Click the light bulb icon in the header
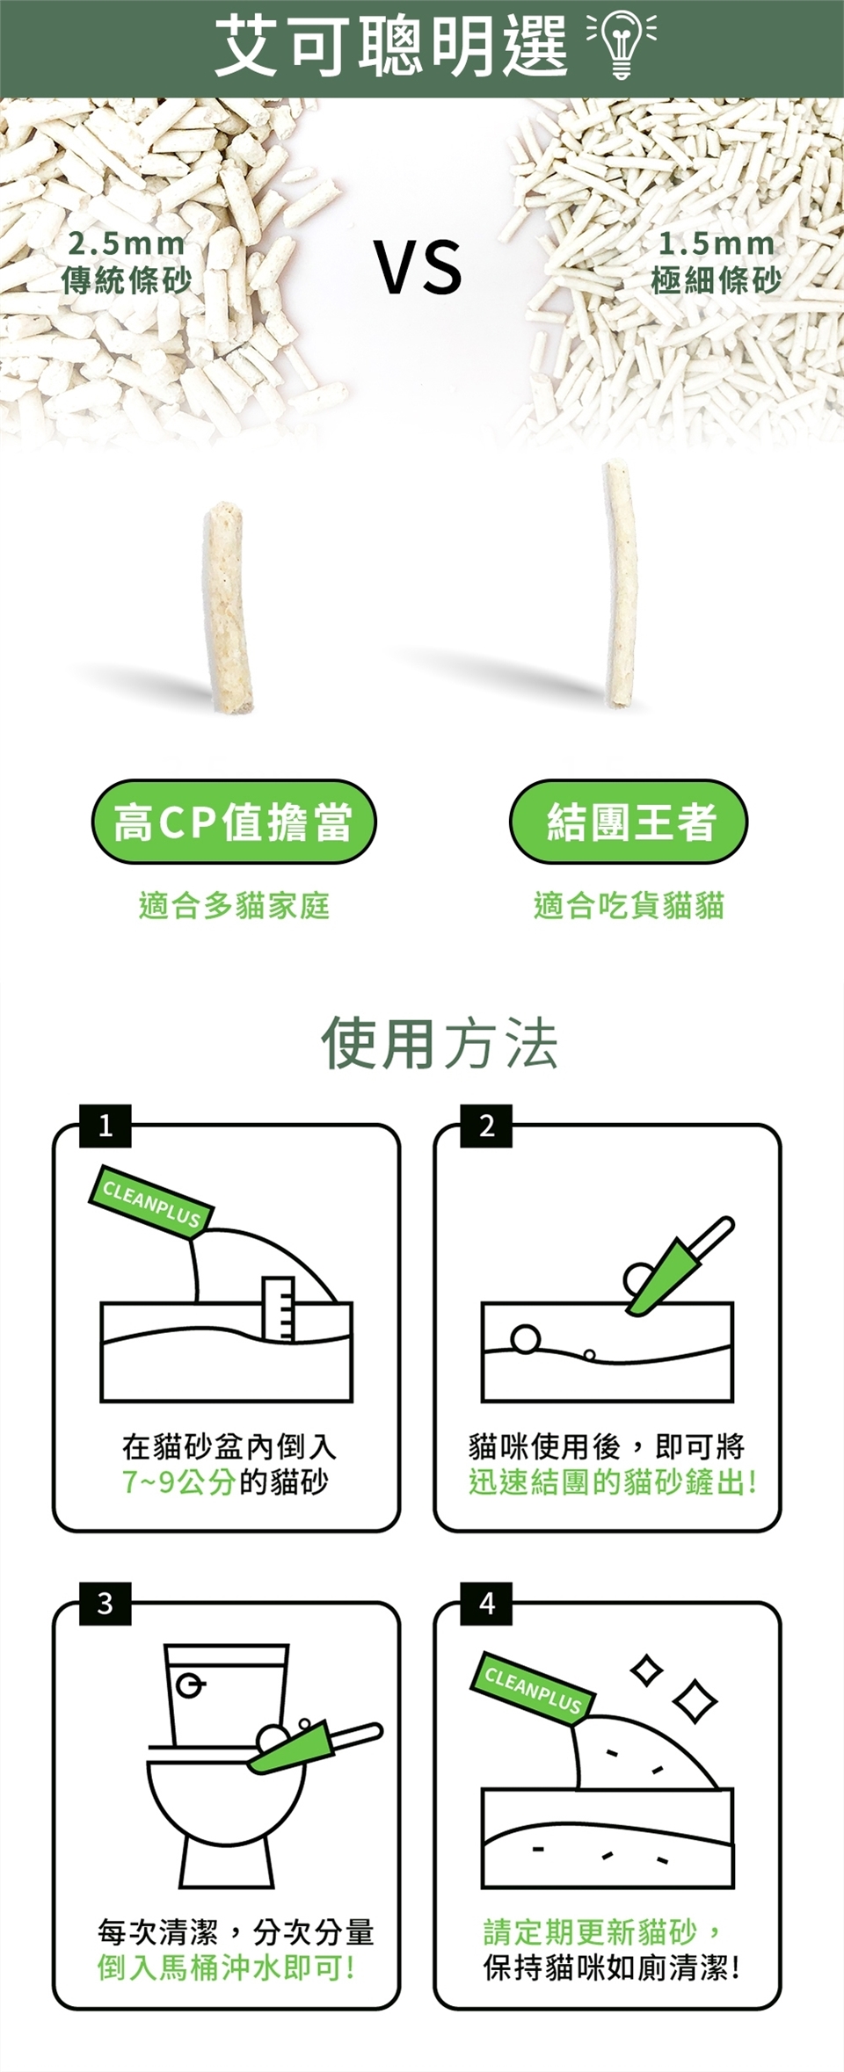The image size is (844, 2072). pyautogui.click(x=622, y=45)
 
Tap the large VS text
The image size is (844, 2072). pyautogui.click(x=418, y=267)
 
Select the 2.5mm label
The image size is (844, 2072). pyautogui.click(x=127, y=243)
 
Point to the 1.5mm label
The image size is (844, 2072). pyautogui.click(x=717, y=243)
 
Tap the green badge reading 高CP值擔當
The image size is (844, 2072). pyautogui.click(x=234, y=822)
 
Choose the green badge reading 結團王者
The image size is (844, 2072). pyautogui.click(x=629, y=822)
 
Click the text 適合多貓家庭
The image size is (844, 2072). pyautogui.click(x=234, y=905)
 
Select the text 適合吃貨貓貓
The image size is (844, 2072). pyautogui.click(x=629, y=905)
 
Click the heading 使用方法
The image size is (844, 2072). pyautogui.click(x=440, y=1044)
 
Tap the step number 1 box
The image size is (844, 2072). pyautogui.click(x=105, y=1126)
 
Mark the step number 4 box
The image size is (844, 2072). pyautogui.click(x=486, y=1604)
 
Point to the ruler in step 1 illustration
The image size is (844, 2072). pyautogui.click(x=279, y=1308)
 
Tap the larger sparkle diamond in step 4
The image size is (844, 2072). pyautogui.click(x=695, y=1700)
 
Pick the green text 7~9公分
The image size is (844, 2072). pyautogui.click(x=178, y=1482)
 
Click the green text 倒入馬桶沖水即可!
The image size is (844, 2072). pyautogui.click(x=226, y=1967)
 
